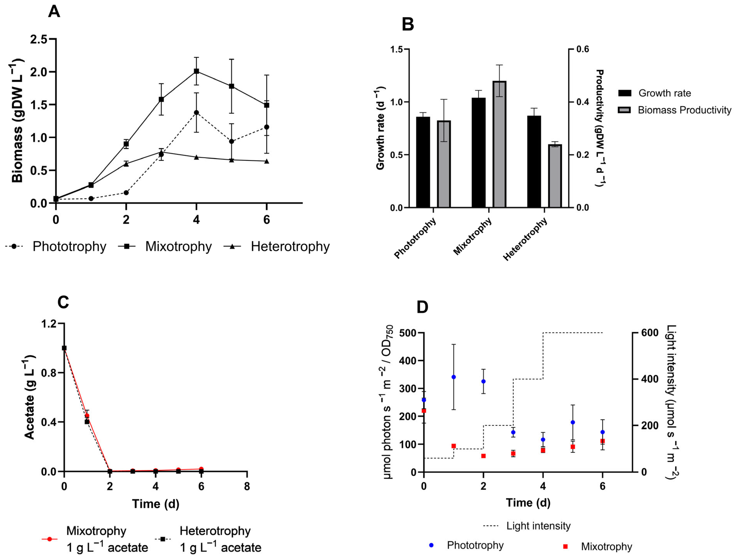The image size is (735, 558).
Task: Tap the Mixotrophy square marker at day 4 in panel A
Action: point(196,71)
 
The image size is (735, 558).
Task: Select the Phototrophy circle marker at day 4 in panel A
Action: point(196,113)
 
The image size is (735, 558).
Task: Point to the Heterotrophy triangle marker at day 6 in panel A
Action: point(266,161)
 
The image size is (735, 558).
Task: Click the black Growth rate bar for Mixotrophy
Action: point(478,153)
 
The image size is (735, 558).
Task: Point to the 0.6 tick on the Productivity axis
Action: point(582,49)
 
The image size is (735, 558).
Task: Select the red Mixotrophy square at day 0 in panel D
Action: point(424,411)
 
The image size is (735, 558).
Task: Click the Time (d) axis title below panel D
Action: point(528,503)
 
